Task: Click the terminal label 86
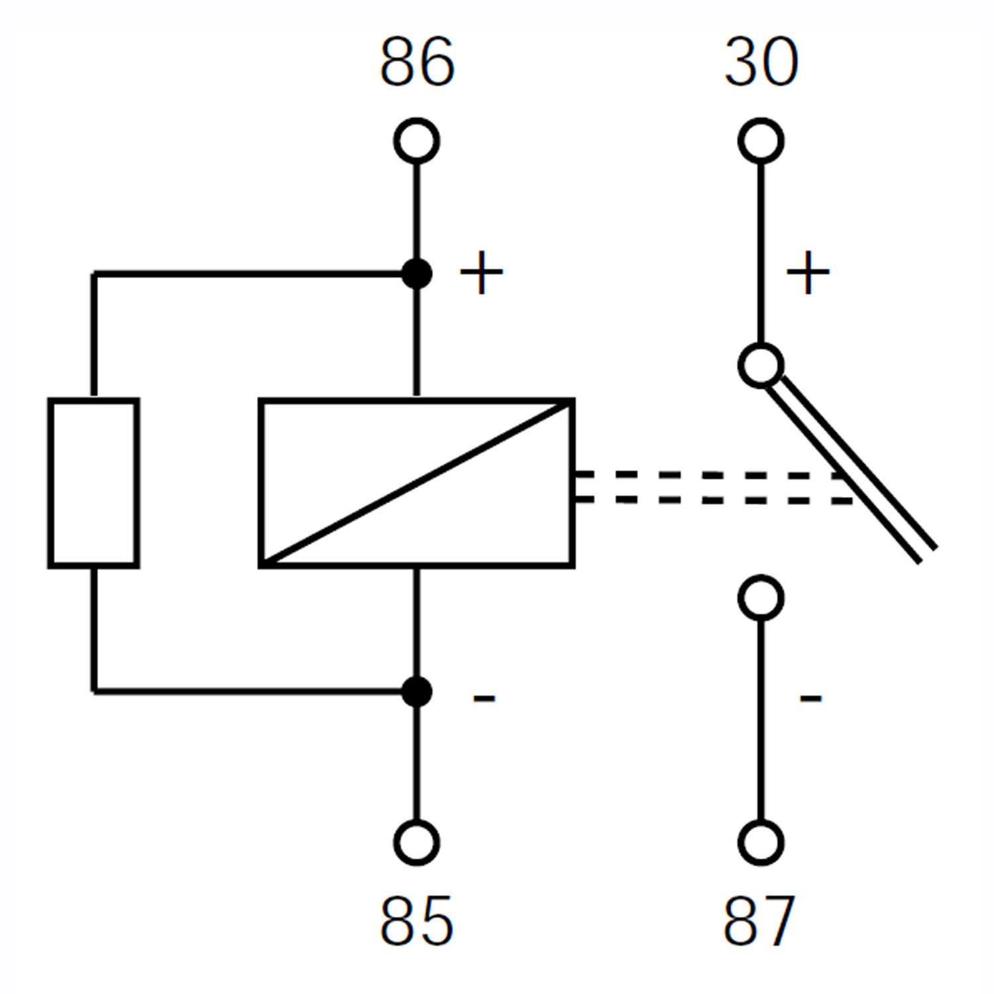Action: pyautogui.click(x=417, y=62)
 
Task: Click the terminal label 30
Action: pyautogui.click(x=761, y=62)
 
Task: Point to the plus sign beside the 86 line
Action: pyautogui.click(x=481, y=272)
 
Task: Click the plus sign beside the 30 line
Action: pyautogui.click(x=808, y=272)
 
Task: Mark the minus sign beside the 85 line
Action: pyautogui.click(x=484, y=697)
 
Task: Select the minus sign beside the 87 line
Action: pyautogui.click(x=810, y=697)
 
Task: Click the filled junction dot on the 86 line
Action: pyautogui.click(x=417, y=274)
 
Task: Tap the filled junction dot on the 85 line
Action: pyautogui.click(x=417, y=692)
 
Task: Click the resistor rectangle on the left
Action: pyautogui.click(x=48, y=482)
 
